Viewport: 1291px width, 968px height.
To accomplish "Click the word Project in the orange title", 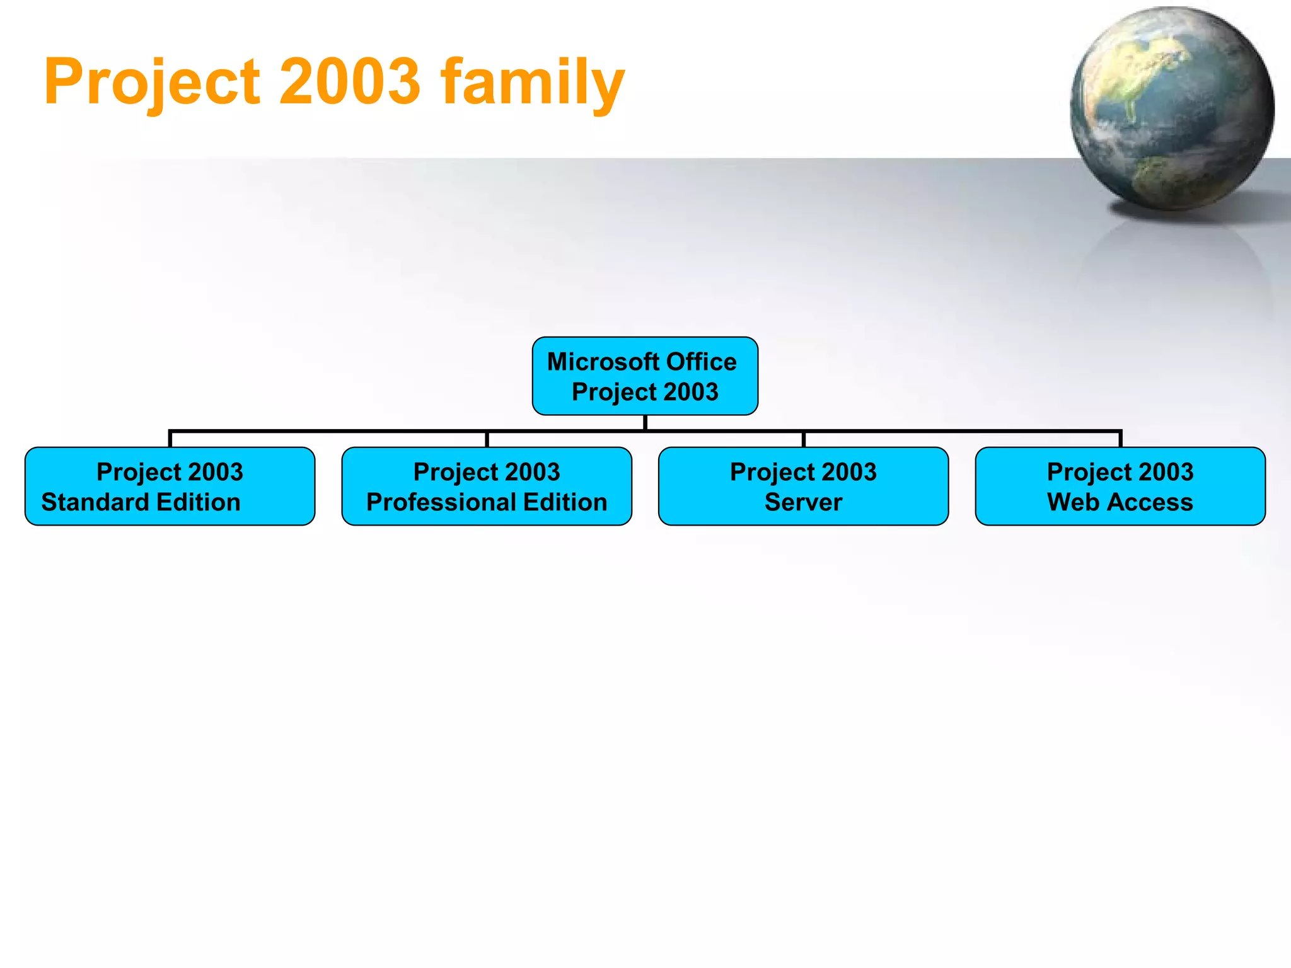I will coord(151,82).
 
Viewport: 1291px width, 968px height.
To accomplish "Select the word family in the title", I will coord(533,82).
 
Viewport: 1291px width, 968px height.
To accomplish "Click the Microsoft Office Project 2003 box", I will coord(645,376).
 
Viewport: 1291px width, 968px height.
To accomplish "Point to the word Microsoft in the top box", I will coord(603,362).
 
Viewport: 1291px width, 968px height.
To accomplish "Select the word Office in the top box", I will coord(701,362).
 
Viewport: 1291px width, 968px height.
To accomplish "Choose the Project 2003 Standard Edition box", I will coord(170,486).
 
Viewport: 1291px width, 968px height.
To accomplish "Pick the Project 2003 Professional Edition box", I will coord(487,486).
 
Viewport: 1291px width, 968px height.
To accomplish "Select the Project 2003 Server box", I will coord(803,486).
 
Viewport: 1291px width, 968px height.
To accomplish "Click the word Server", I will coord(803,502).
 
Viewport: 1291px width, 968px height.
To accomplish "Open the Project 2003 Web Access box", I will coord(1120,486).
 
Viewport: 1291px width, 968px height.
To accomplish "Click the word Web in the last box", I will coord(1073,502).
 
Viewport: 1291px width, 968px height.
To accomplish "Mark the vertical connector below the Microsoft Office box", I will coord(645,423).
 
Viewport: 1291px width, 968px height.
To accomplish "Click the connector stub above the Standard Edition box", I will coord(170,439).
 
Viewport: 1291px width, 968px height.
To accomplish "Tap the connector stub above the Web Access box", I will coord(1120,439).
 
